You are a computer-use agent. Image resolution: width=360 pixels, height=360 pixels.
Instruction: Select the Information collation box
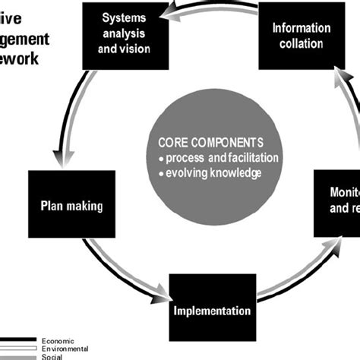[x=301, y=35]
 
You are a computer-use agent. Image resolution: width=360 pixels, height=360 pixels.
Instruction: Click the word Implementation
[x=212, y=311]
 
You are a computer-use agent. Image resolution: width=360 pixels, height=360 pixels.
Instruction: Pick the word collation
[x=302, y=43]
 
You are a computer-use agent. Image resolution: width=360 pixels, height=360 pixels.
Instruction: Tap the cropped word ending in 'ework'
[x=22, y=60]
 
